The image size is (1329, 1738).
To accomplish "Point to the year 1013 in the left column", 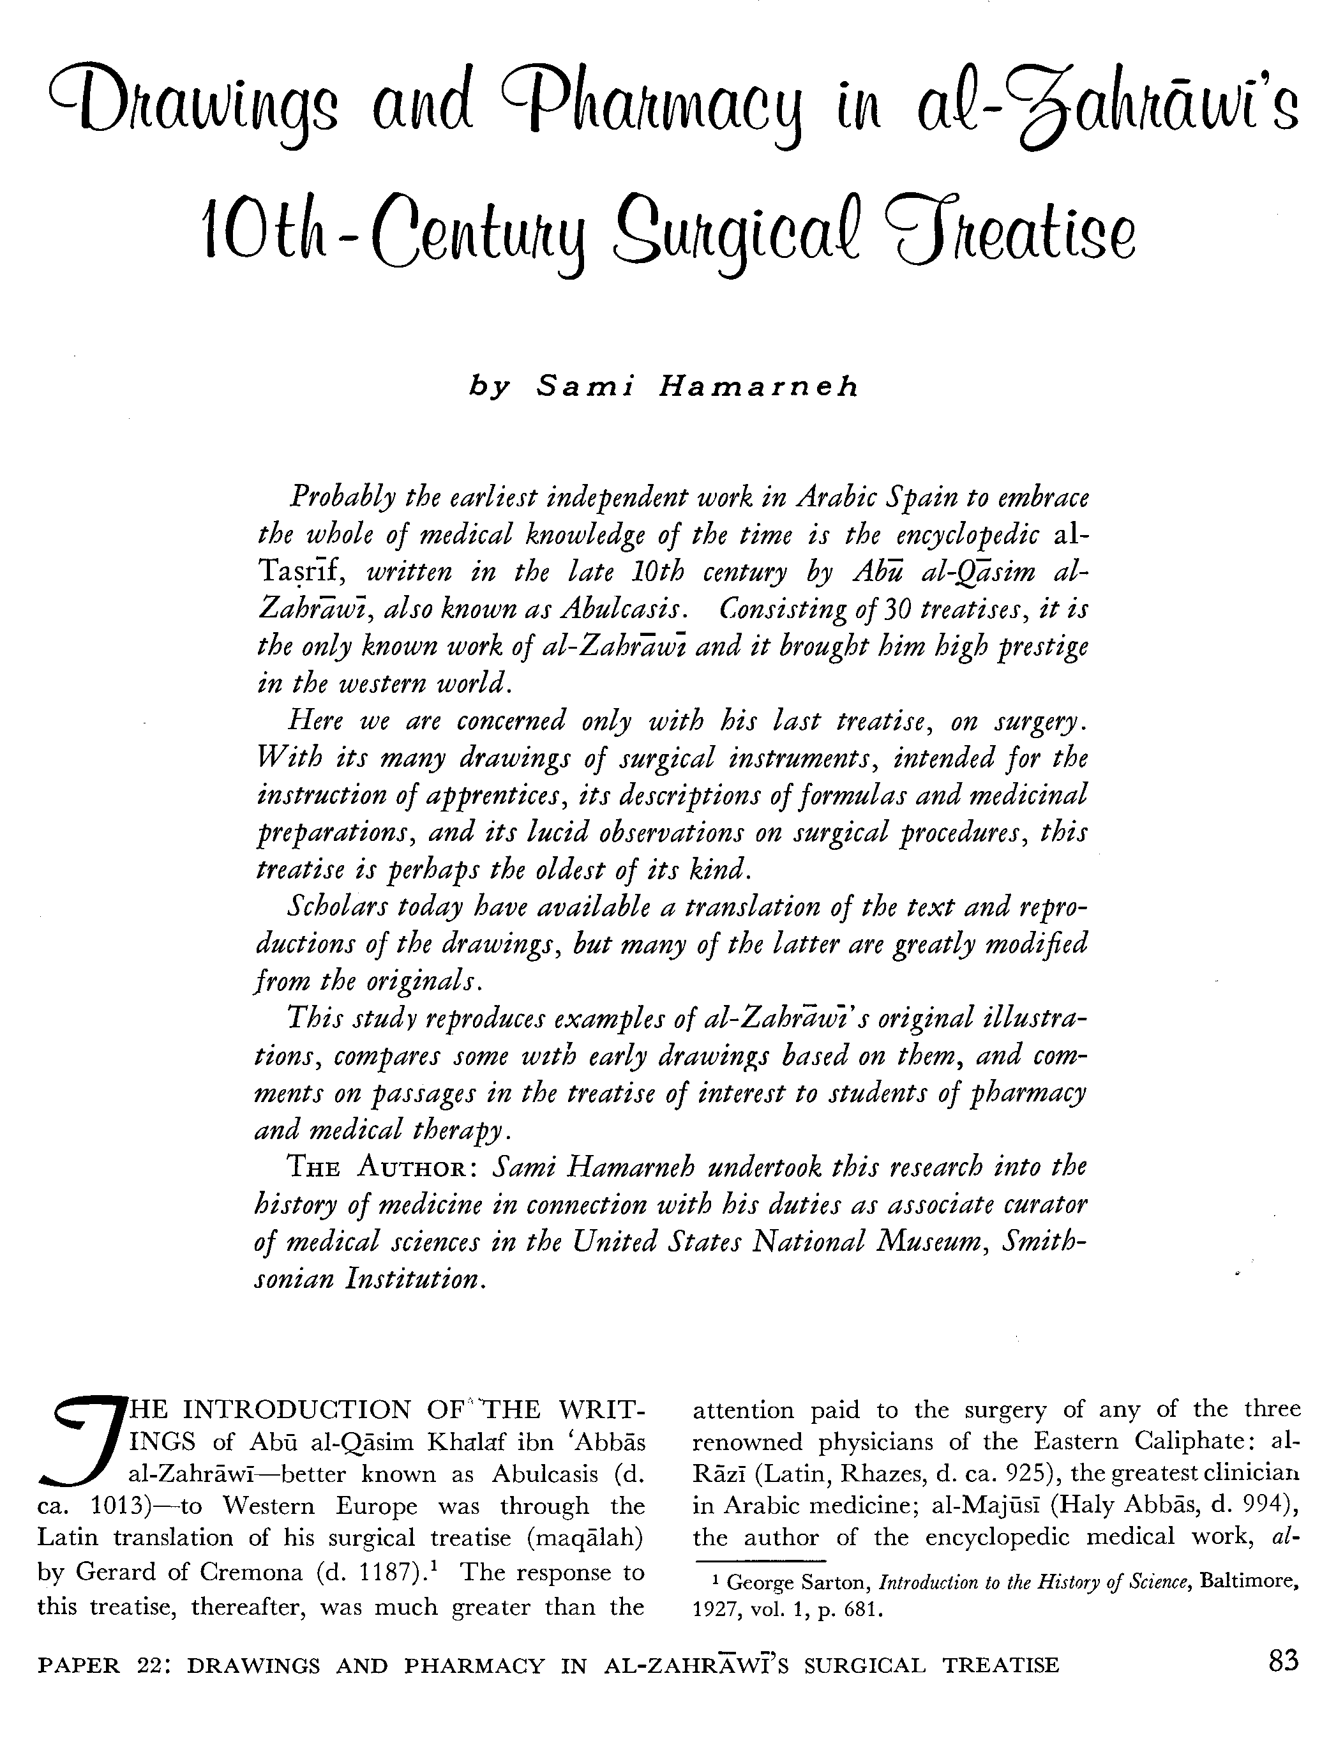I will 119,1506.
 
